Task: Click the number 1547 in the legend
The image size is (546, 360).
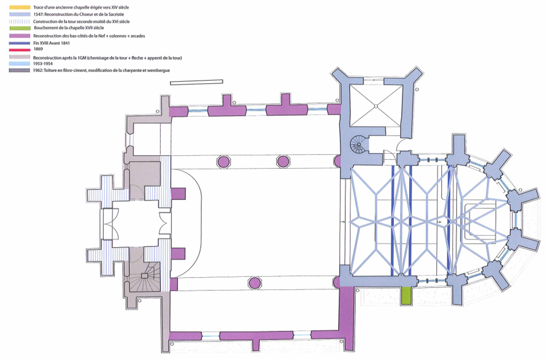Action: coord(39,13)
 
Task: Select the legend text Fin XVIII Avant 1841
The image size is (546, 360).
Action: coord(54,42)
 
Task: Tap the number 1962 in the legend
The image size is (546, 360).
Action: coord(39,70)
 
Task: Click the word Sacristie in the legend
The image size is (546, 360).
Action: coord(116,13)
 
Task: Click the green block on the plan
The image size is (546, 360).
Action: coord(407,295)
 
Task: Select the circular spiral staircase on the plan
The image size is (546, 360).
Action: coord(359,145)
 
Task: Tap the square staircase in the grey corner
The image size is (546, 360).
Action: coord(146,276)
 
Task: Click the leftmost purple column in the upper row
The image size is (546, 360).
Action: coord(223,162)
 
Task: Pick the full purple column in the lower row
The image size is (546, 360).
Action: coord(254,283)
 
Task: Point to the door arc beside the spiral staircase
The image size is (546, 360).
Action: coord(402,146)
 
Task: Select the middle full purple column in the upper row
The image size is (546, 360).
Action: coord(283,162)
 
